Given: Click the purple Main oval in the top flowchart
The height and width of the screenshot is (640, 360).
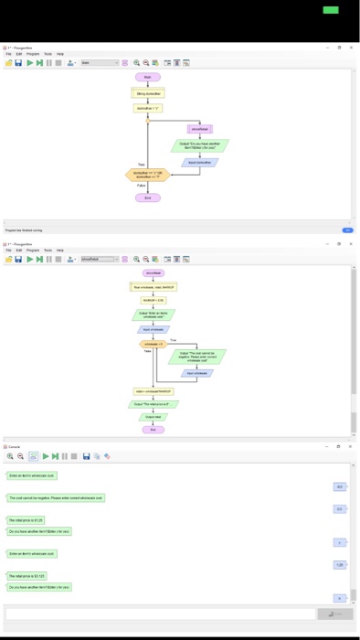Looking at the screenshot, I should tap(147, 79).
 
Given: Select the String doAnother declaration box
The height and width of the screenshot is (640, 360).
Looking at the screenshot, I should tap(147, 93).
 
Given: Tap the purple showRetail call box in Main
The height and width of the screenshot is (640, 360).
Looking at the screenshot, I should tap(199, 129).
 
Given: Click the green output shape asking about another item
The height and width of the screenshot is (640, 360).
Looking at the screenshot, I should tap(199, 145).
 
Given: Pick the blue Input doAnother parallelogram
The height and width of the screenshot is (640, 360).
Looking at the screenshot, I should tap(199, 162).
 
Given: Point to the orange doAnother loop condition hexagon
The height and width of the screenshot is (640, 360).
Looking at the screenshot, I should tap(147, 175).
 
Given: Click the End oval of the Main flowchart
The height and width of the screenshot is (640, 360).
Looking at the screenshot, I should tap(147, 197).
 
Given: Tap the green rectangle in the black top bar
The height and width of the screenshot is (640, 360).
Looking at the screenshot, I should tap(330, 9).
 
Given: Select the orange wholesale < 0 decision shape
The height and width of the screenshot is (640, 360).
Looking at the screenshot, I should tap(153, 344).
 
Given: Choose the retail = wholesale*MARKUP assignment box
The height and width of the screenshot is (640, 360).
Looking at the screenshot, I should tap(153, 390).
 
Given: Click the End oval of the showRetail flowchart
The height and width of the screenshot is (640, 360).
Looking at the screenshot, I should tap(153, 429).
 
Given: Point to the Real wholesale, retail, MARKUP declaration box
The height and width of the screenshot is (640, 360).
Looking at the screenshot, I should tap(153, 286).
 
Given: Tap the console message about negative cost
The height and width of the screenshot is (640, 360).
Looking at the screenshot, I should tap(56, 498).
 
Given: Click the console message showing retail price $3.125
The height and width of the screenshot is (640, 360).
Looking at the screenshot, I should tap(26, 576).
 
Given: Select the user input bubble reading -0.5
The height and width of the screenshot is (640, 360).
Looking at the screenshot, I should tap(339, 486).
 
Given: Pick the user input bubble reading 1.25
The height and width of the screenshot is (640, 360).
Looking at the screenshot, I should tap(339, 565).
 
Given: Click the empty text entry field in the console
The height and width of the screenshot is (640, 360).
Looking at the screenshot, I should tap(160, 613).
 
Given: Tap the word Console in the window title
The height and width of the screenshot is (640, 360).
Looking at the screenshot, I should tap(15, 445).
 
